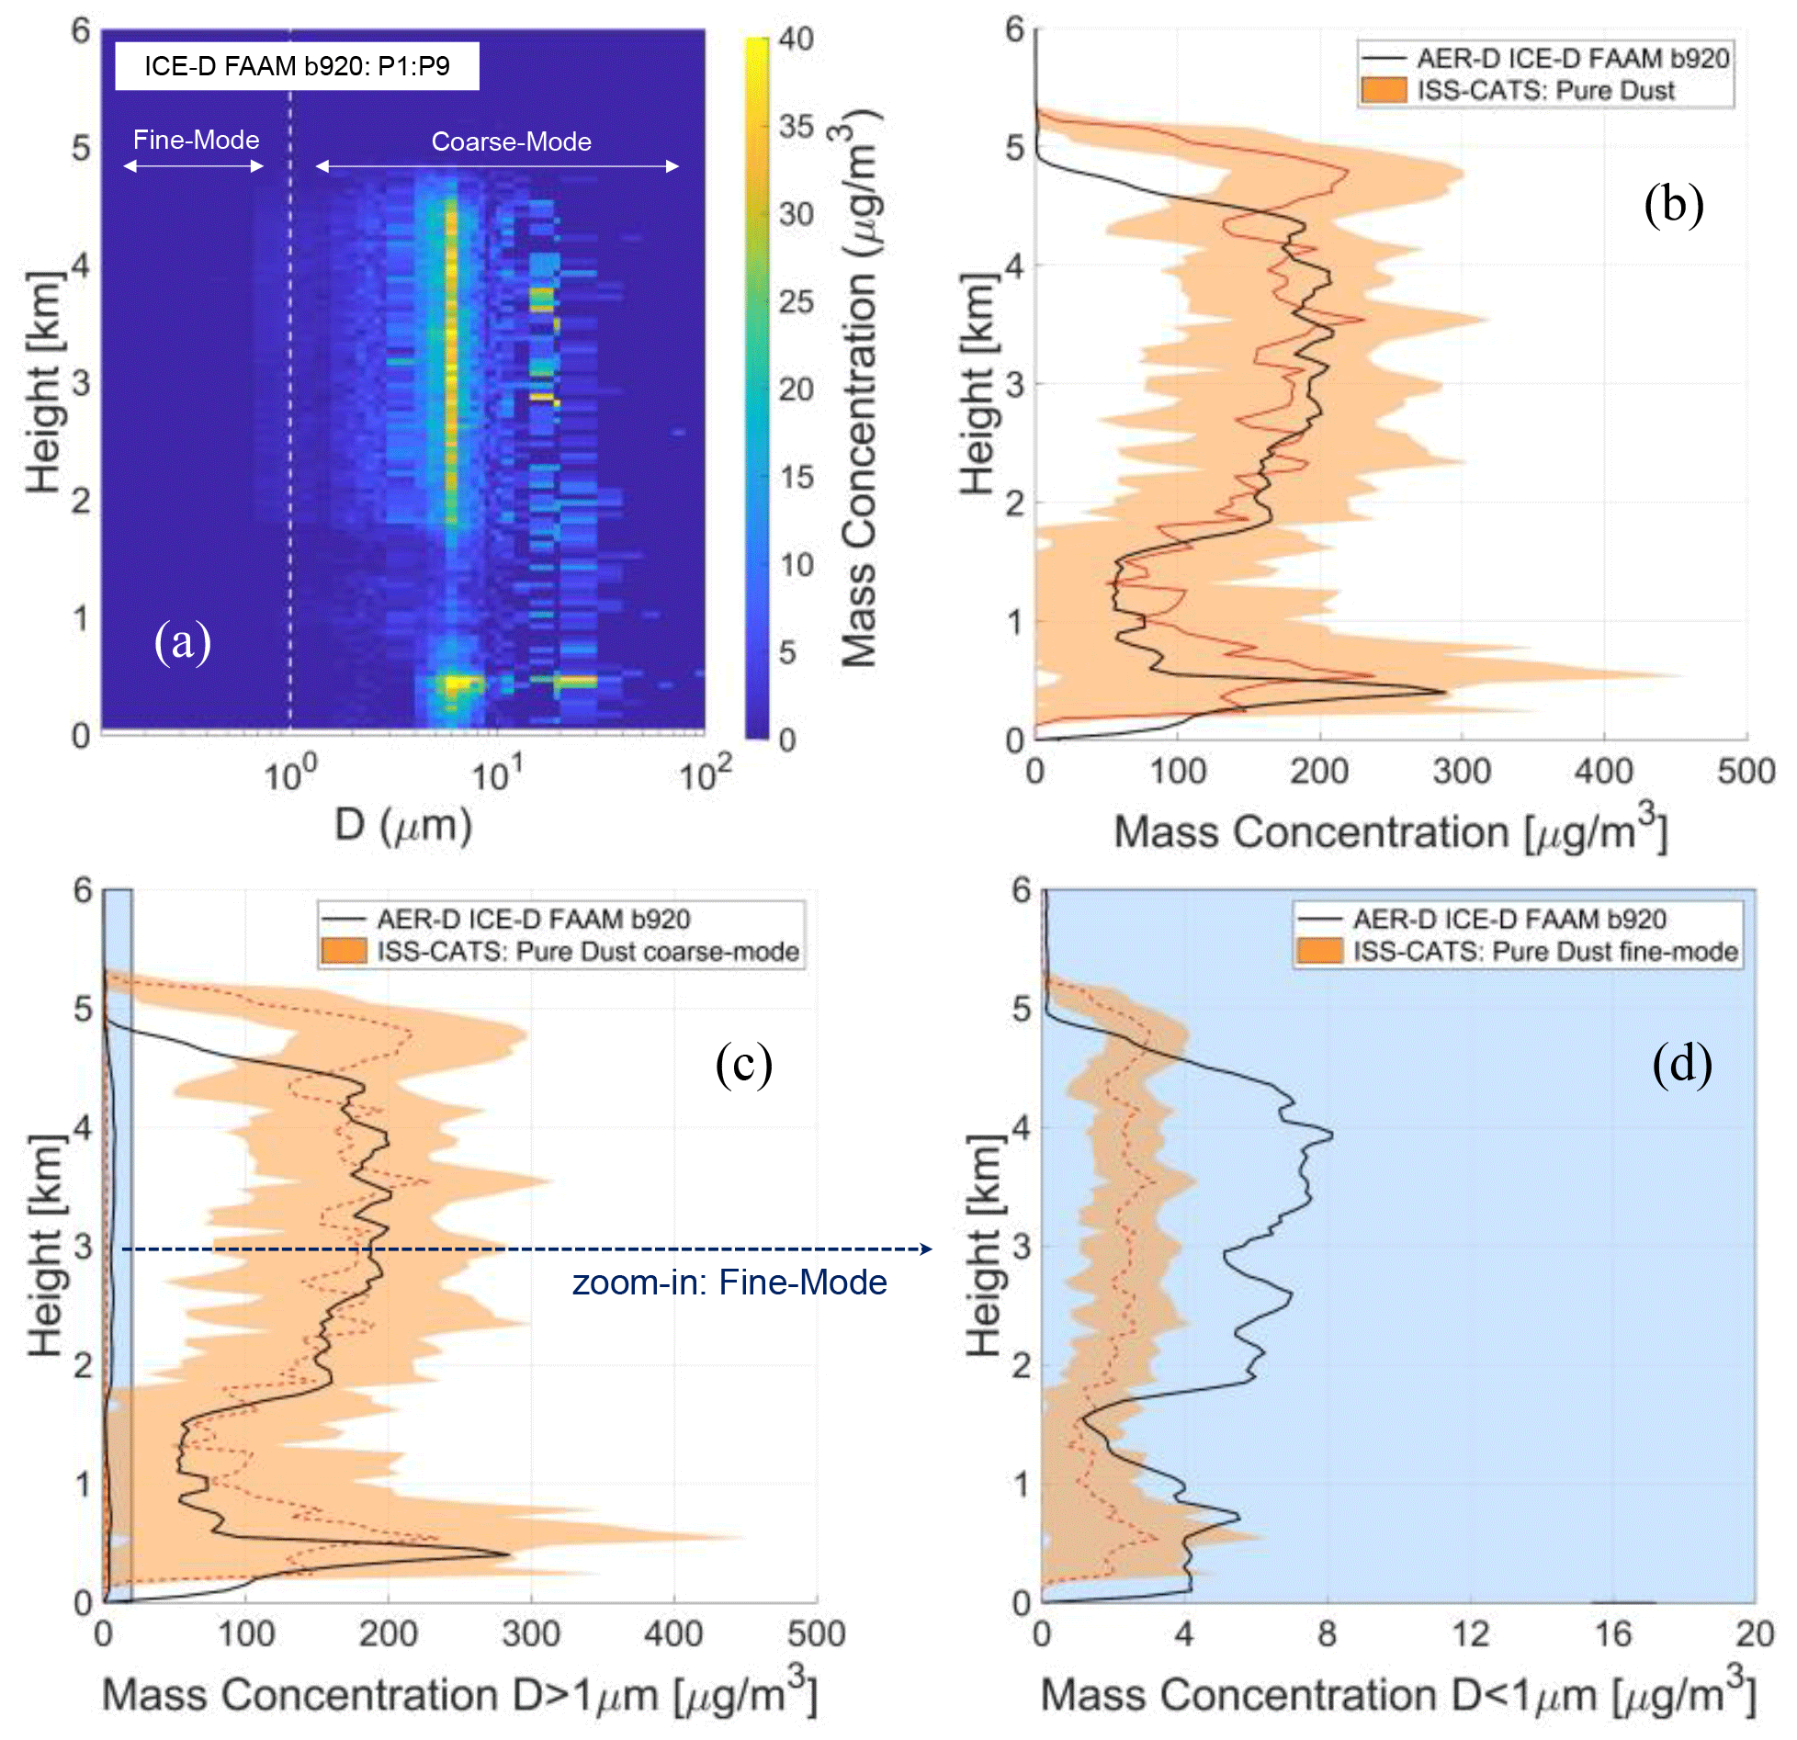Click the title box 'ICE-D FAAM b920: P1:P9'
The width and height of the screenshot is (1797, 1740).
(297, 66)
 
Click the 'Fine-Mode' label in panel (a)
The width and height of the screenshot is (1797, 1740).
(196, 140)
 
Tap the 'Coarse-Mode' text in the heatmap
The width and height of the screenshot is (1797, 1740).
(511, 141)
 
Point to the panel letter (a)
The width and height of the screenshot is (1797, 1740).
(183, 641)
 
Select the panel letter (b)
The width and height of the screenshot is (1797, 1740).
(1673, 204)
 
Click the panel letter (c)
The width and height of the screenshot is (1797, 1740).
(743, 1064)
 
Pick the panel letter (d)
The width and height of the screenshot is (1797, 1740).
(1681, 1064)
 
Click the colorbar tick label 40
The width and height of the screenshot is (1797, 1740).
(796, 40)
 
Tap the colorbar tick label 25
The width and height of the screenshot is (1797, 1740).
(796, 302)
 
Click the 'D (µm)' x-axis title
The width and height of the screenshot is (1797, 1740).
(402, 826)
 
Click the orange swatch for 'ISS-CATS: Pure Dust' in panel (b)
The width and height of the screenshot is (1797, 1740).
(1384, 90)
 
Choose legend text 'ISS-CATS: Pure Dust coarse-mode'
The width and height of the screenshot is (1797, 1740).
(588, 951)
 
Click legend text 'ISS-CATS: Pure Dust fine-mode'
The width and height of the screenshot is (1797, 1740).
(1545, 951)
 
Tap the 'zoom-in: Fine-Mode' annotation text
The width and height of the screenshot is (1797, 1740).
(729, 1282)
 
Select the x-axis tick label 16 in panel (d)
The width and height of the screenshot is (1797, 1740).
(1612, 1634)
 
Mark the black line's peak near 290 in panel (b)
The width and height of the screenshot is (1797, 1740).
(1445, 692)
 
